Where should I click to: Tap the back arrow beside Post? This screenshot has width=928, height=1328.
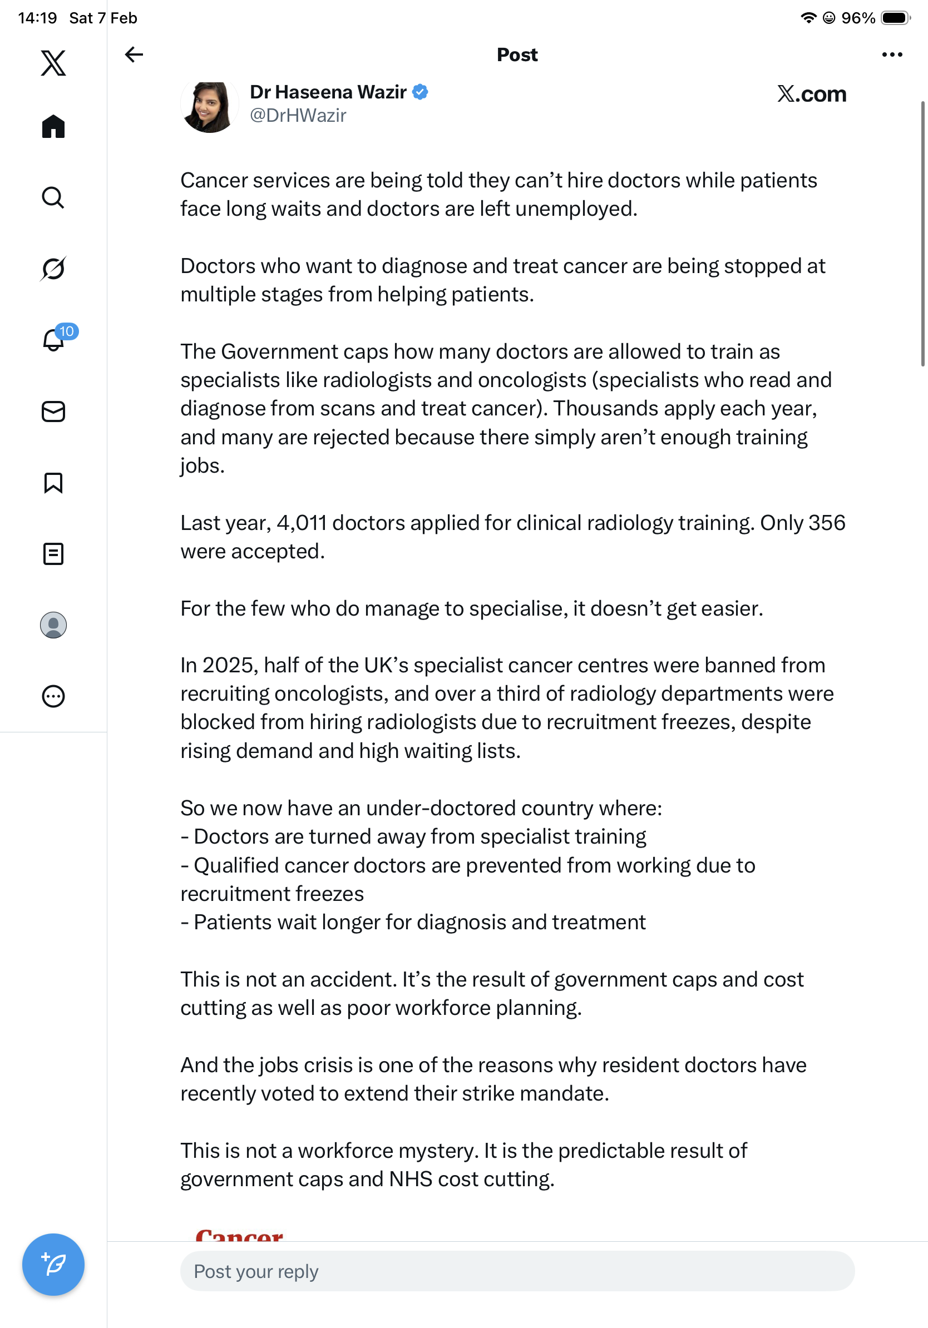(x=134, y=54)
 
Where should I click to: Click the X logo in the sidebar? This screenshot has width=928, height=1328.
(x=53, y=63)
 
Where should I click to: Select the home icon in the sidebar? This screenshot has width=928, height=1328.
(x=53, y=126)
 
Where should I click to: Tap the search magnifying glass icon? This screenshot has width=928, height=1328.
(x=53, y=197)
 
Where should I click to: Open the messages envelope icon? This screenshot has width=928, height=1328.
(x=53, y=411)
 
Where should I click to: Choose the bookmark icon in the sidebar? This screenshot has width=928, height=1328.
(x=53, y=482)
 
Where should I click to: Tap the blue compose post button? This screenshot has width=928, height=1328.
(x=53, y=1264)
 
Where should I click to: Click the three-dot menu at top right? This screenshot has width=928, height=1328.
(x=891, y=54)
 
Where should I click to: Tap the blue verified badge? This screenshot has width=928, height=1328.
(x=420, y=92)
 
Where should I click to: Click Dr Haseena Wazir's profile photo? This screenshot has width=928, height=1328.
(x=209, y=106)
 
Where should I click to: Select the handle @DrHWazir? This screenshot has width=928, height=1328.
(x=298, y=116)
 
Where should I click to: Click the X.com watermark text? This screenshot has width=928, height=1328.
(x=811, y=93)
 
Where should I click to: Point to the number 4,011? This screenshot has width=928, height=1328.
(x=302, y=523)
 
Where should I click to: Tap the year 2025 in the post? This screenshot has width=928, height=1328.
(x=228, y=665)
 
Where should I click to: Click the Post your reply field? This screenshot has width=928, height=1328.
(x=517, y=1271)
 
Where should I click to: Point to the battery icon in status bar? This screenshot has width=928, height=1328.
(x=895, y=18)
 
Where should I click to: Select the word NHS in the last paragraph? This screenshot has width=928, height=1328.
(x=410, y=1179)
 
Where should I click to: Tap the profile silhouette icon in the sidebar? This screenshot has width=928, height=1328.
(x=53, y=625)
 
